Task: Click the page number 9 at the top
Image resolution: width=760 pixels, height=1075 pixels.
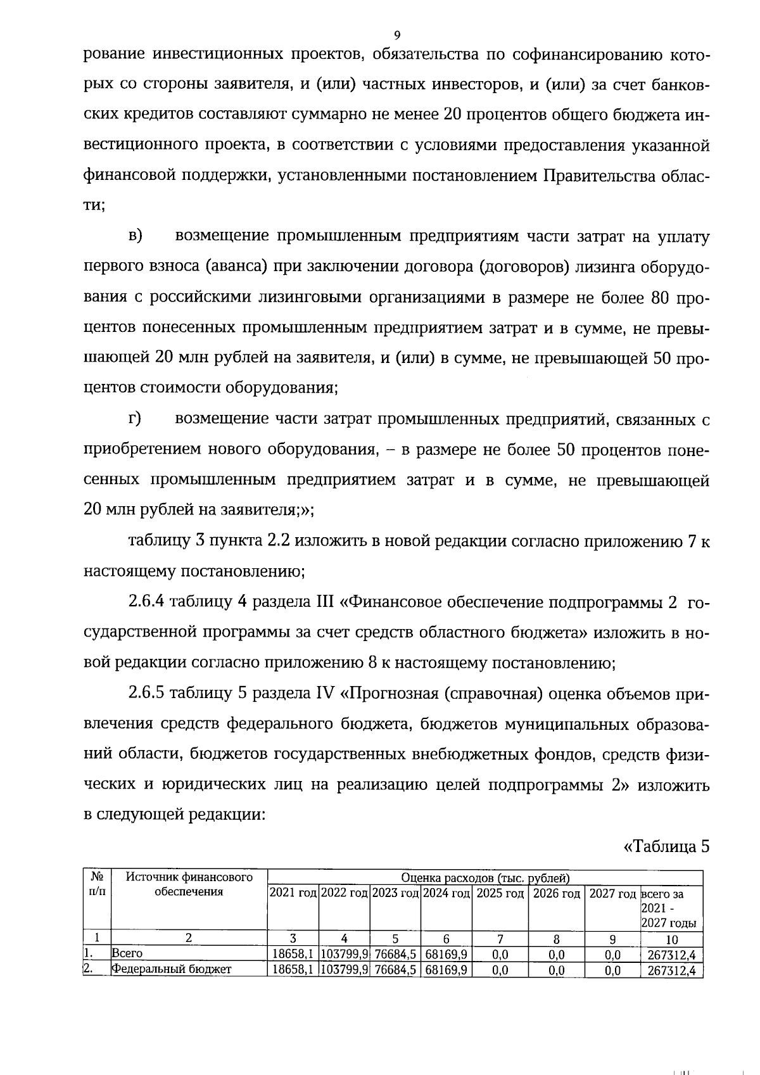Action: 396,35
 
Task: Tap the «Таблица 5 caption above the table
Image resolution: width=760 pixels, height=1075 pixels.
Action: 667,846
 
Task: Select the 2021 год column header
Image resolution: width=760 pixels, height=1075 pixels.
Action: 293,893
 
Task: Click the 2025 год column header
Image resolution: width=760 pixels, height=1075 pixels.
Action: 500,893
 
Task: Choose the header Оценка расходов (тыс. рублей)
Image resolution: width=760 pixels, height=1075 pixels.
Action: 485,877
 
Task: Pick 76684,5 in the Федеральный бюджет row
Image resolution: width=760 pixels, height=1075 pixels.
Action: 395,970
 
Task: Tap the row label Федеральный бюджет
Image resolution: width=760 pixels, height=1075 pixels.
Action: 172,969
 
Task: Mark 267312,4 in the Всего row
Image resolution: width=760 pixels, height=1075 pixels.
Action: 671,955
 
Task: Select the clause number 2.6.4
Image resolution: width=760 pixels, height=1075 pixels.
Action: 146,602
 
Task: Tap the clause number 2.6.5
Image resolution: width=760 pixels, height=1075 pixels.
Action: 146,693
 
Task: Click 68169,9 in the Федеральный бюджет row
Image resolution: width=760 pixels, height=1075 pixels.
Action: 446,970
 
